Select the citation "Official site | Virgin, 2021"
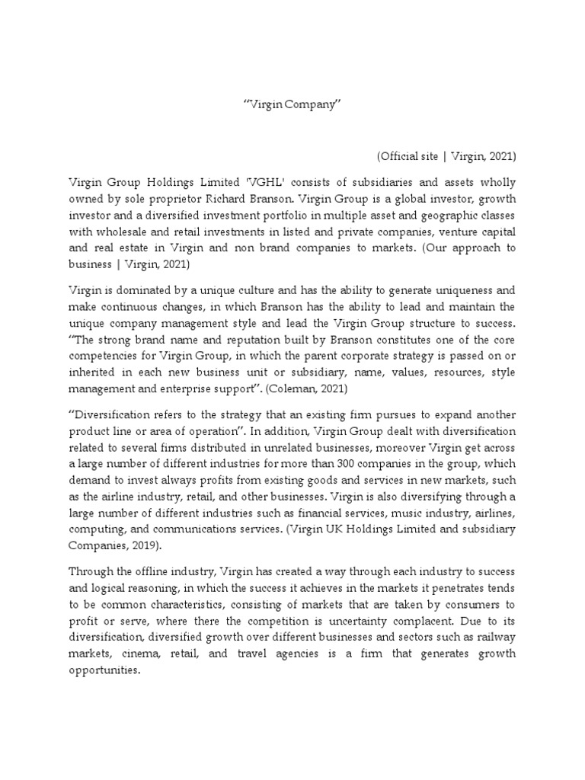(x=446, y=156)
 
